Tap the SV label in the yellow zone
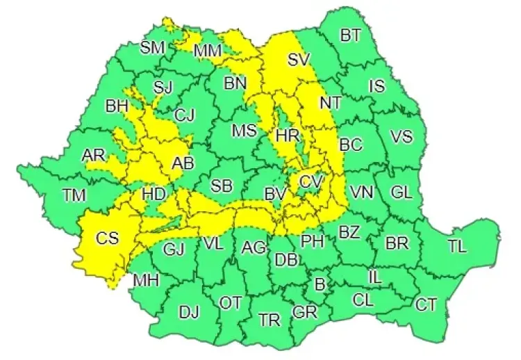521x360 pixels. tap(298, 60)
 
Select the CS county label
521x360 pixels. tap(107, 238)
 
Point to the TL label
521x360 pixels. tap(457, 245)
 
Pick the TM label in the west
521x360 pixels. tap(73, 195)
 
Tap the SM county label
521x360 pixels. tap(152, 47)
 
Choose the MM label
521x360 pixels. tap(208, 51)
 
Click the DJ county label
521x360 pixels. tap(189, 312)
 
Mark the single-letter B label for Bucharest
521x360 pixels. tap(320, 284)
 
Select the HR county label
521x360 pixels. tap(287, 136)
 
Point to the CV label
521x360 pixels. tap(311, 181)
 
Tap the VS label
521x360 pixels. tap(402, 137)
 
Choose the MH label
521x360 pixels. tap(147, 281)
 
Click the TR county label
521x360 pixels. tap(270, 320)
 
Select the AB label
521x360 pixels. tap(183, 163)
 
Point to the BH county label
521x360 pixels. tap(116, 107)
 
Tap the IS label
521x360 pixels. tap(377, 86)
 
